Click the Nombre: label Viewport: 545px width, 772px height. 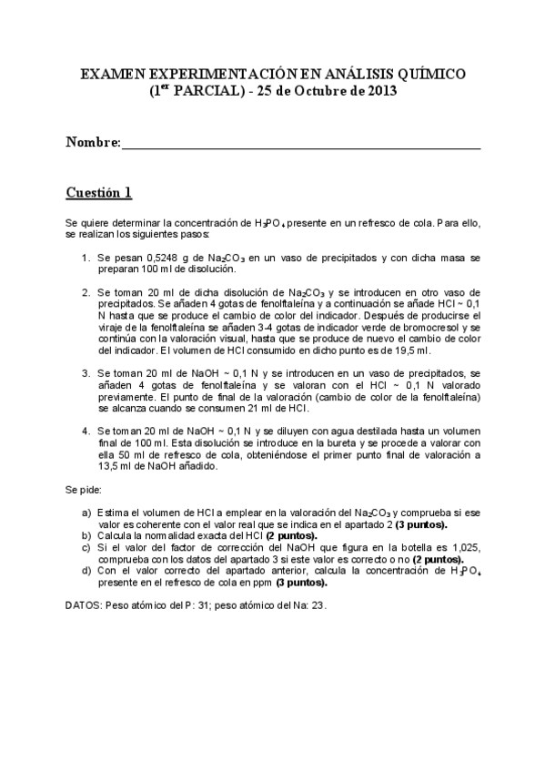(93, 143)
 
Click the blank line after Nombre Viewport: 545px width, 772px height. (300, 144)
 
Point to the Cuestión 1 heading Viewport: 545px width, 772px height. (99, 192)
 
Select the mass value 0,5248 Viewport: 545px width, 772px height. (156, 258)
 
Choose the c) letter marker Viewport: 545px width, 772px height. (86, 548)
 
